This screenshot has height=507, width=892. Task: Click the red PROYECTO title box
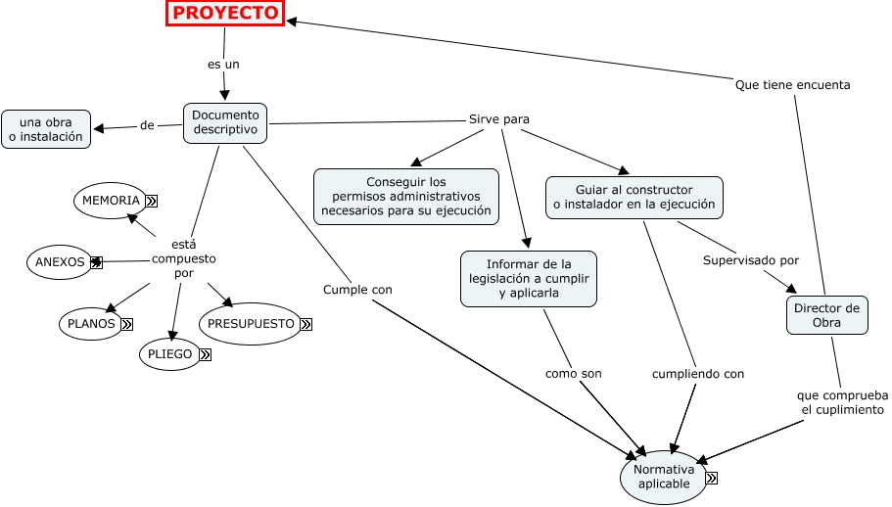click(x=225, y=13)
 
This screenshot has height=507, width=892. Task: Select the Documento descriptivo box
click(x=225, y=123)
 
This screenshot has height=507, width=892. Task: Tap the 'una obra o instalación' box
click(x=46, y=128)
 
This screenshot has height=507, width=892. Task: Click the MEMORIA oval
click(x=111, y=200)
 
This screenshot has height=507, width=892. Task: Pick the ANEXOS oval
click(x=60, y=262)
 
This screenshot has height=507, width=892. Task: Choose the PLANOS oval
click(x=91, y=323)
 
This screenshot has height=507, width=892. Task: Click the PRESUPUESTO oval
click(x=251, y=323)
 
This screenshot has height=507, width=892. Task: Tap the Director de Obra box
click(x=826, y=315)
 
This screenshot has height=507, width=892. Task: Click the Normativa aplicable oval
click(x=663, y=477)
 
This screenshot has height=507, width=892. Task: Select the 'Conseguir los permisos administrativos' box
click(x=405, y=196)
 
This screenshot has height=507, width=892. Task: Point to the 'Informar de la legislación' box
click(x=529, y=279)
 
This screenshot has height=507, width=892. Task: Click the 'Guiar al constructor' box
click(x=634, y=198)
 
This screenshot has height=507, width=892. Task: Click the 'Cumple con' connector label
click(x=357, y=290)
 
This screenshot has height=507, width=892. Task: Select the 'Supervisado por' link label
click(x=751, y=260)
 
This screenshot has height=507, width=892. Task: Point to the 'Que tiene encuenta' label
click(x=792, y=85)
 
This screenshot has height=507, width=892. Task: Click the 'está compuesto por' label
click(x=183, y=258)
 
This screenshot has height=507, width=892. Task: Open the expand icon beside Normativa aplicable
click(x=711, y=478)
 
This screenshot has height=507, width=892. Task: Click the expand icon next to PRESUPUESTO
click(x=305, y=324)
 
